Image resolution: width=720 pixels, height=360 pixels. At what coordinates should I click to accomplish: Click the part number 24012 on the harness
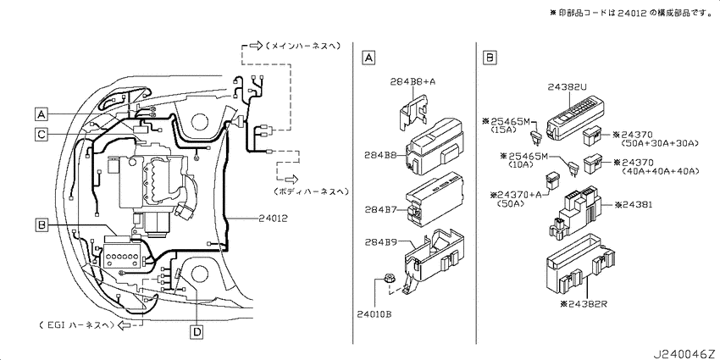272,219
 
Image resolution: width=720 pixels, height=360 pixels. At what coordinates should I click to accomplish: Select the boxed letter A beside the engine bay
41,114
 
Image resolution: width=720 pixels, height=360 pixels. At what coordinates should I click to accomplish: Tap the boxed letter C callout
41,134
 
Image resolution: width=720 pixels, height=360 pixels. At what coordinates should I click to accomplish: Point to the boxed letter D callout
197,331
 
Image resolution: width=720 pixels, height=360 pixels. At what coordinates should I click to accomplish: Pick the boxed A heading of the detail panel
368,58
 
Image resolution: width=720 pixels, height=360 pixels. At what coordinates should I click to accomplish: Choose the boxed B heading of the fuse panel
490,58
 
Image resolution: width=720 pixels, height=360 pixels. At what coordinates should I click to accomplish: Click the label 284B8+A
413,82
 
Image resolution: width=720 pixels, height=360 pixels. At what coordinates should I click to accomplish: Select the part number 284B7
380,209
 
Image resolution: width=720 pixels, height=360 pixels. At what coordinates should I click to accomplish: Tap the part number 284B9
380,242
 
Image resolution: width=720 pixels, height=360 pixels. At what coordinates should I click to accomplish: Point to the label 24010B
374,314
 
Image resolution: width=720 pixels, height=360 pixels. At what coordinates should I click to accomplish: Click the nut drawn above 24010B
389,279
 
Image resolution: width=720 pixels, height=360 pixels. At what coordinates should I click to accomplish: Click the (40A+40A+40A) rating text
661,171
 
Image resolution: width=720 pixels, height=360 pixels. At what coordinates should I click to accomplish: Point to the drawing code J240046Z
685,354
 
